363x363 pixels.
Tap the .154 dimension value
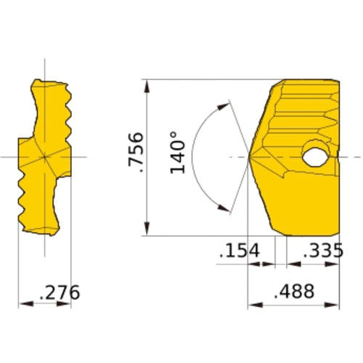[239, 250]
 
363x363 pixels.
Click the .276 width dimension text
[59, 293]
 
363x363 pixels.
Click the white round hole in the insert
[315, 156]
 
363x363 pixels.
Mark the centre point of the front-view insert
[44, 157]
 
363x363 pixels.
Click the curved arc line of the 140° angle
[197, 157]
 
